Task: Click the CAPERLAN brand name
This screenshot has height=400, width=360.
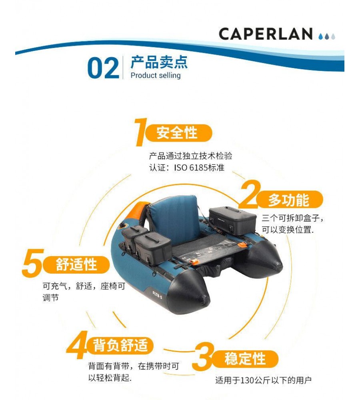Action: coord(265,34)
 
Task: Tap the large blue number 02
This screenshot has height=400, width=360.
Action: coord(103,68)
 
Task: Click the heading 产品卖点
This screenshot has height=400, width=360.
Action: coord(159,62)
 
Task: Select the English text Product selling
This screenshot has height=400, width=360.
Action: coord(155,75)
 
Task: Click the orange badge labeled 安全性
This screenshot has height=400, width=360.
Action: coord(178,133)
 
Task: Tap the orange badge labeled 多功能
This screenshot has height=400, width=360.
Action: coord(289,200)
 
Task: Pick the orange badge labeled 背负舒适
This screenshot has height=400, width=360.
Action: coord(120,346)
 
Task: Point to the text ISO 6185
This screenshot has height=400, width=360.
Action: coord(190,168)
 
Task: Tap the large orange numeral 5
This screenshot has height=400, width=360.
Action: coord(32,263)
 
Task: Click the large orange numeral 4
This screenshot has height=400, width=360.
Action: coord(77,345)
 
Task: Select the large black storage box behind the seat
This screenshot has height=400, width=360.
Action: coord(233,221)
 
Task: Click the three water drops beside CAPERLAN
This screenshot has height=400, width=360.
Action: coord(327,36)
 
